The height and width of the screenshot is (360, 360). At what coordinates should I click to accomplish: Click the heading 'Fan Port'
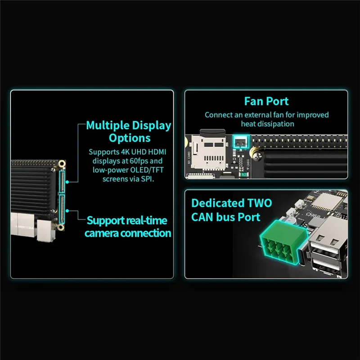pos(266,101)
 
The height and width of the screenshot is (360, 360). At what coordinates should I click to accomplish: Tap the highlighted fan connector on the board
pos(239,143)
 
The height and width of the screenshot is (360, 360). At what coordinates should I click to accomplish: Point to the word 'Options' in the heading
pos(130,138)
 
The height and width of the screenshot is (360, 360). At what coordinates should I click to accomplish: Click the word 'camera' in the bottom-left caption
pos(110,233)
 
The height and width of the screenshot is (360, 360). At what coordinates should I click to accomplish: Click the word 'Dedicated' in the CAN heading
pos(218,203)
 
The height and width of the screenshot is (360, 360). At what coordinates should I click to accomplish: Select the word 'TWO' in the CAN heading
pos(259,203)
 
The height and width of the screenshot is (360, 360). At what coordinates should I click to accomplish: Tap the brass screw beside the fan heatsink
pos(257,153)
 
